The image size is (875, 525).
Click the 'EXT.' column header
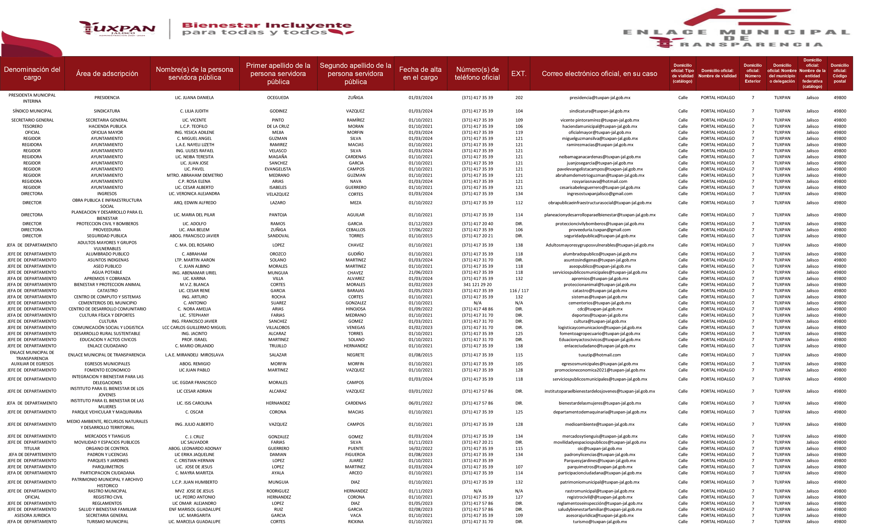coord(518,74)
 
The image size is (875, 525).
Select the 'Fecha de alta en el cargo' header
coord(420,74)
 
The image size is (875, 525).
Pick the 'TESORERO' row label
coord(32,126)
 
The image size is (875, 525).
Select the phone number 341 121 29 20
coord(477,285)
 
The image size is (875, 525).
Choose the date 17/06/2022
coord(420,230)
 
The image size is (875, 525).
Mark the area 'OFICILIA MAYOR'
coord(107,132)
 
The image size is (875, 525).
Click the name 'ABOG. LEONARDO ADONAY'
coord(195,448)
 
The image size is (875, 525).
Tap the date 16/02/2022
coord(420,448)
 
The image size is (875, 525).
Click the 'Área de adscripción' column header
coord(107,74)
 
